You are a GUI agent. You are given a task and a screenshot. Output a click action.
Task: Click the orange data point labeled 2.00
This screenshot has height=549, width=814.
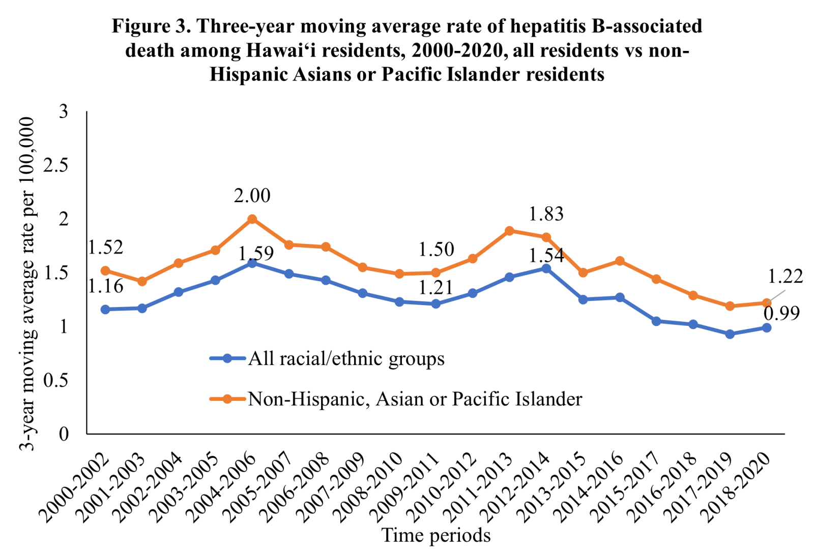(252, 219)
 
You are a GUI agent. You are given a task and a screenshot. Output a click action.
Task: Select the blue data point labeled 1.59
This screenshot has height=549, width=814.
(252, 263)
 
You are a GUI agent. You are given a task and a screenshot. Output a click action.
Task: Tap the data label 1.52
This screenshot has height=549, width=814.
(105, 247)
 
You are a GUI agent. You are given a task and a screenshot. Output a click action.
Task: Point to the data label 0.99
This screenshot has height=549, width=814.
(781, 313)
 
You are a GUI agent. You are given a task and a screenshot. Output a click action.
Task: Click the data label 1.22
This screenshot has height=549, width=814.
(785, 276)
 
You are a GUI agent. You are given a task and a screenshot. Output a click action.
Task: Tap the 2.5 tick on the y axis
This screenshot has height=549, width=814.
(56, 165)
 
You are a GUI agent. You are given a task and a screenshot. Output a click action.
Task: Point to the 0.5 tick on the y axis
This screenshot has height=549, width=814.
(56, 380)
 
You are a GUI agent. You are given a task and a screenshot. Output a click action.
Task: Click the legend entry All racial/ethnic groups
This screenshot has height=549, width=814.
(346, 359)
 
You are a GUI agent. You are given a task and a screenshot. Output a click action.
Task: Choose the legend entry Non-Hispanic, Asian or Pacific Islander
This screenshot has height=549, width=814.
(415, 399)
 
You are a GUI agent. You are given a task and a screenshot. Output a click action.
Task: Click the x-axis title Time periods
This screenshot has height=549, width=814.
(436, 535)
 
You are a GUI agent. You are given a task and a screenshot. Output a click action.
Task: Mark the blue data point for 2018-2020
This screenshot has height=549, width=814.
(766, 327)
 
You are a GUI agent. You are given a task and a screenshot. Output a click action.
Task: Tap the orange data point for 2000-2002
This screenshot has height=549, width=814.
(105, 270)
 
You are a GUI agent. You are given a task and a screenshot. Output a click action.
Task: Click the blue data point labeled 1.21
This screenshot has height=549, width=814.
(435, 304)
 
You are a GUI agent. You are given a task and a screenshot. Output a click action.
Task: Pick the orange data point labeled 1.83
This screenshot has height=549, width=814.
(546, 237)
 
